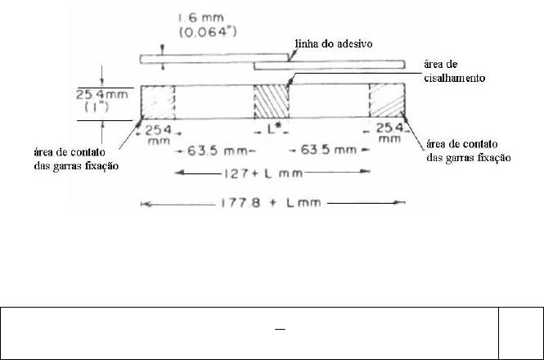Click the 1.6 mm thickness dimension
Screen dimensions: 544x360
click(x=201, y=18)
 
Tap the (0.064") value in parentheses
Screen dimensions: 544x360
click(x=208, y=32)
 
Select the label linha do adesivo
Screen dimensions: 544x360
click(x=334, y=43)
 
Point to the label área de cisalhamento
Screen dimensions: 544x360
click(x=455, y=71)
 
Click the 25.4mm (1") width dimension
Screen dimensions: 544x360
click(x=101, y=101)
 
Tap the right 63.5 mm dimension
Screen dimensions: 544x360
click(x=329, y=150)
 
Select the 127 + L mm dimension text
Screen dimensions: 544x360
click(x=263, y=173)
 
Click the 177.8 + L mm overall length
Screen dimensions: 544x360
click(x=271, y=202)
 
